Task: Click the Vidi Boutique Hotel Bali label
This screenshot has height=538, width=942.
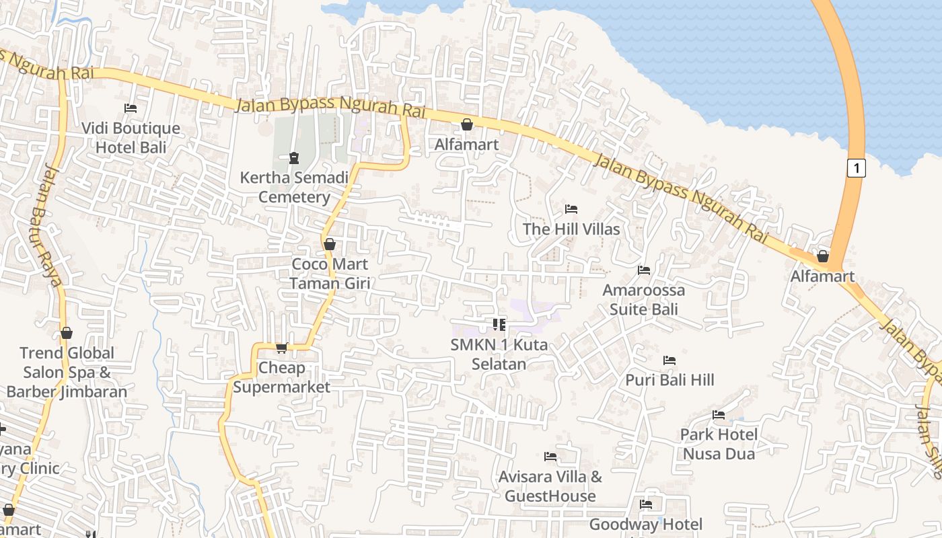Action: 131,137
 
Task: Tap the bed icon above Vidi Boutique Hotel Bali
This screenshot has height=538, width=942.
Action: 131,108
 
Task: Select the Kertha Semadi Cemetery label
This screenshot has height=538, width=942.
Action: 295,187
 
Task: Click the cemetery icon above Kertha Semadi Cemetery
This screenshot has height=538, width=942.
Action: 294,158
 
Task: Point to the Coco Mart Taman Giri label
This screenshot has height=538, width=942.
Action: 330,273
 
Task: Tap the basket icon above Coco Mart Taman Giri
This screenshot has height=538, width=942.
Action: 330,244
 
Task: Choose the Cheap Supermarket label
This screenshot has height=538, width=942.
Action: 282,377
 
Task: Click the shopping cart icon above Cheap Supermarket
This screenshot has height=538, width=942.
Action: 282,348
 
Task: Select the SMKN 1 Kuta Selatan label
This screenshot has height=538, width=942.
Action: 499,354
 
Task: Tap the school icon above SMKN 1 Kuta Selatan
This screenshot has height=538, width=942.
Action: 499,325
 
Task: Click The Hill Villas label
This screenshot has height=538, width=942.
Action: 571,229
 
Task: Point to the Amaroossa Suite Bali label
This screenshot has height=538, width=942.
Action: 644,299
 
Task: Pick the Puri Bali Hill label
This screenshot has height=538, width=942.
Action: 669,380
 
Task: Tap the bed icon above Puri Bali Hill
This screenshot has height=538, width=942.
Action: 669,360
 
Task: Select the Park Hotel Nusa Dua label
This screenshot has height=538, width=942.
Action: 719,444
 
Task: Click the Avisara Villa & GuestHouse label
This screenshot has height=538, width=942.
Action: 550,486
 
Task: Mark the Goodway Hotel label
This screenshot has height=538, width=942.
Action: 646,525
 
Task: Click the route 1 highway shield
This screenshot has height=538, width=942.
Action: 856,167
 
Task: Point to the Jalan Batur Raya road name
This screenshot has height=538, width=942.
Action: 46,225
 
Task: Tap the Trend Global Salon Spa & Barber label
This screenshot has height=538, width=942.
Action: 67,372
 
